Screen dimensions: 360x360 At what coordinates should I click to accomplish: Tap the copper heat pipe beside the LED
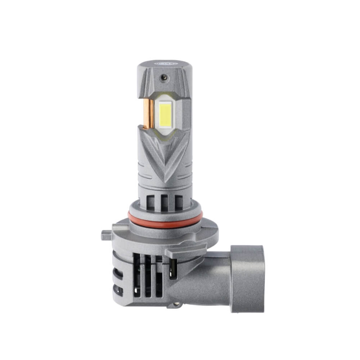(148, 113)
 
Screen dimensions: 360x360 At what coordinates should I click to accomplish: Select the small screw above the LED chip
(164, 77)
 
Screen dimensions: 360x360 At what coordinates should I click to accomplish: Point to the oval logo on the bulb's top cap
(164, 62)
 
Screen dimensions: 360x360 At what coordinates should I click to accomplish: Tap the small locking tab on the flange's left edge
(106, 235)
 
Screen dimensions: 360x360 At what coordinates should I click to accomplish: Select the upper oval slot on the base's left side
(119, 274)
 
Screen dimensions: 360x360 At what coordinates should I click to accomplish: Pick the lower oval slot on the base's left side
(119, 290)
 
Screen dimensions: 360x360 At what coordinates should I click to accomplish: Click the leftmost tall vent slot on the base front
(137, 275)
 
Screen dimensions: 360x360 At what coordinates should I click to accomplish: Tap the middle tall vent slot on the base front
(148, 275)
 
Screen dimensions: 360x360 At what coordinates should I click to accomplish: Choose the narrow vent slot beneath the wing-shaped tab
(174, 268)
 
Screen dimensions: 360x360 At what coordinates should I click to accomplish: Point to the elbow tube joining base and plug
(202, 284)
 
